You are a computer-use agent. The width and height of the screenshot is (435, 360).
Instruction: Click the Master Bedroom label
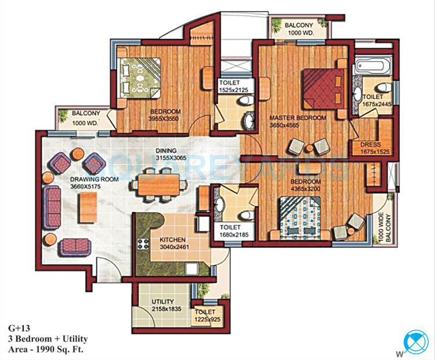click(x=298, y=118)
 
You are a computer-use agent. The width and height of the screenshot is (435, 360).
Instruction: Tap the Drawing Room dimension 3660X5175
click(x=95, y=188)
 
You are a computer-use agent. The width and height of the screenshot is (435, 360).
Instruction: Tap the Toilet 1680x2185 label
click(x=234, y=232)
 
